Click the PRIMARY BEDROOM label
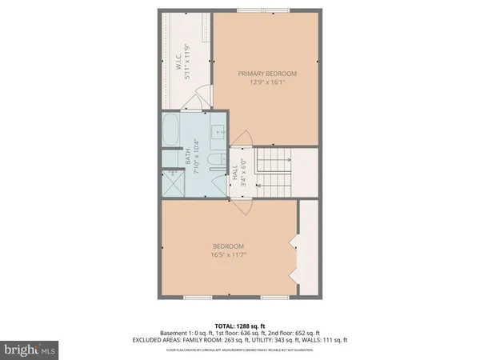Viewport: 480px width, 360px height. click(266, 73)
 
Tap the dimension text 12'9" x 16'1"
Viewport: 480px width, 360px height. click(266, 81)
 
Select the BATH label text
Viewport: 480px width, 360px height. click(189, 160)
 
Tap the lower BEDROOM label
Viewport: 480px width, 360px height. click(228, 246)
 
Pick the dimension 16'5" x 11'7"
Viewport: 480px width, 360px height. click(228, 254)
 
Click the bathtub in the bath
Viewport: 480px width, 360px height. click(171, 131)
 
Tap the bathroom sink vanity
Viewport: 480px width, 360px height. click(219, 132)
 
